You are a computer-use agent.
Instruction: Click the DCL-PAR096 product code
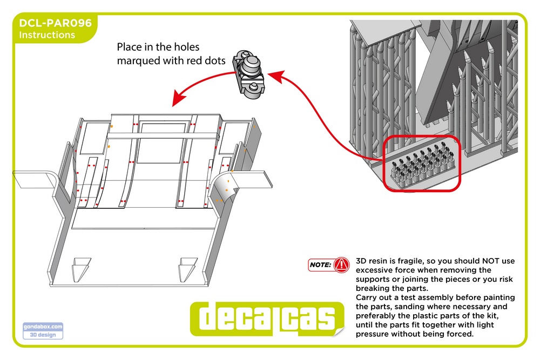(x=56, y=23)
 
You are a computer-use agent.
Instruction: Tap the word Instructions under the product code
(x=47, y=35)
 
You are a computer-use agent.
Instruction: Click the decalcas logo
(x=267, y=318)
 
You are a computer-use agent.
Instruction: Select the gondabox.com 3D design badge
(x=43, y=331)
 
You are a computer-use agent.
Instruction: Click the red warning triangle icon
(x=342, y=264)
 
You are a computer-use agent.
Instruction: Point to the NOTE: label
(x=320, y=264)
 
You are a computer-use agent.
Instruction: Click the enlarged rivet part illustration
(x=249, y=74)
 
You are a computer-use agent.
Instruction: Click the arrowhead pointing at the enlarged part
(x=276, y=77)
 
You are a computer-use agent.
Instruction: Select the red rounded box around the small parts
(x=422, y=163)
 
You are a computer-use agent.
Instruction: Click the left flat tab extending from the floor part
(x=35, y=180)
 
